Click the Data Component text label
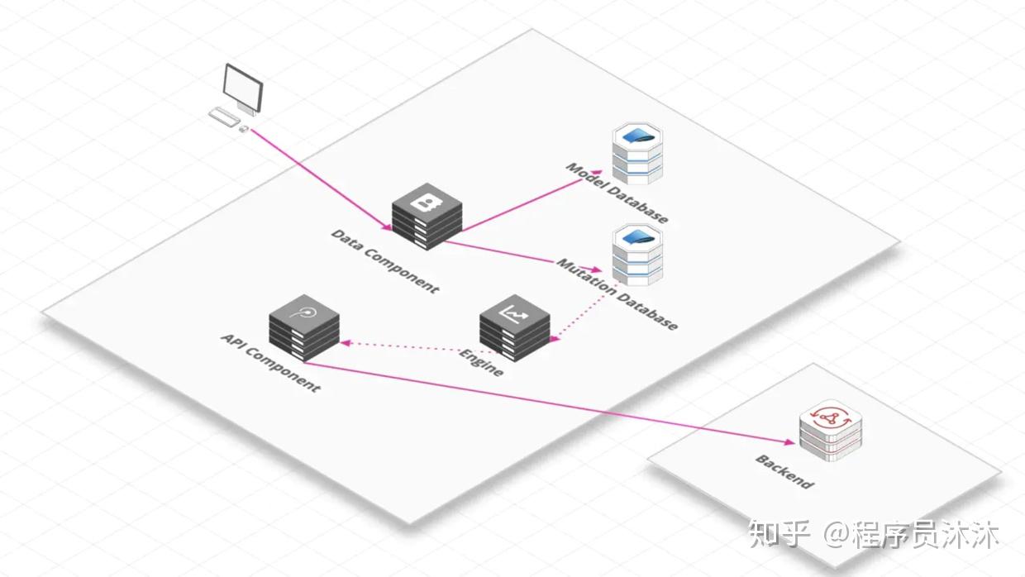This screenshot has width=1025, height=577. coord(385,260)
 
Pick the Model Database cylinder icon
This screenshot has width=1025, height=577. coord(637,154)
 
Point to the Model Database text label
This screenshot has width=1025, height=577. coord(617,193)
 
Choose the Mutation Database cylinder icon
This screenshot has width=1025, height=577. coord(638,253)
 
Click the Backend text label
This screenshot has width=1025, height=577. coord(784,471)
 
